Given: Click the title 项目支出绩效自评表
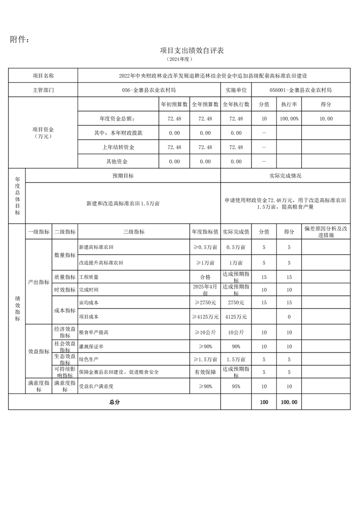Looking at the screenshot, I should click(x=192, y=50).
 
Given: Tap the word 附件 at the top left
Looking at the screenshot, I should click(x=20, y=40).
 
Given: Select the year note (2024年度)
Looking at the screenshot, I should click(x=180, y=59).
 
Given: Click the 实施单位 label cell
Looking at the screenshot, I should click(x=236, y=90).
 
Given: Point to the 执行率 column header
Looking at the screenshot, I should click(x=289, y=104).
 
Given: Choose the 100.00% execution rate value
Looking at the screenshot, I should click(x=289, y=119).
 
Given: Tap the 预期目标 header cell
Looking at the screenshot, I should click(x=123, y=176).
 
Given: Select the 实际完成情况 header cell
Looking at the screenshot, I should click(x=285, y=176).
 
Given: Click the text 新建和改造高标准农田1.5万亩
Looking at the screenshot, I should click(x=123, y=204).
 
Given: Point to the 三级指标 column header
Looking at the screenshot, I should click(x=133, y=232).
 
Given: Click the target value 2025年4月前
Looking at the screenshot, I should click(x=205, y=290).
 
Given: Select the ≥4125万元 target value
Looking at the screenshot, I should click(x=205, y=317).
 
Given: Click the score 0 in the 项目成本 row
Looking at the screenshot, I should click(x=289, y=317).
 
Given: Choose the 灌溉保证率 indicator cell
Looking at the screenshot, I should click(x=91, y=346).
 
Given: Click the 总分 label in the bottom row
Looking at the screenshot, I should click(x=114, y=402).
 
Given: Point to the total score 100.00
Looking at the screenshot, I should click(x=289, y=402).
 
